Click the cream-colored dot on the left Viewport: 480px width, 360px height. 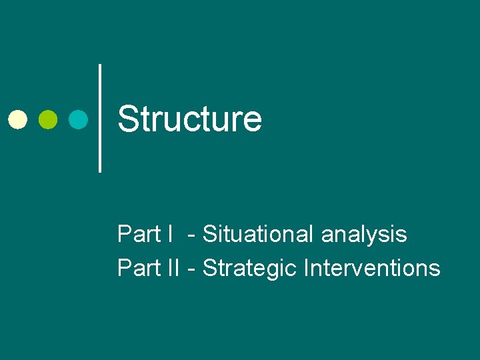point(17,119)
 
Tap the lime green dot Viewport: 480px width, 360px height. point(48,119)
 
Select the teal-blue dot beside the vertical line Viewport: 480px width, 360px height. point(79,119)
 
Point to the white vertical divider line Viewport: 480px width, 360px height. point(100,118)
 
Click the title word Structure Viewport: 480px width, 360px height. point(189,119)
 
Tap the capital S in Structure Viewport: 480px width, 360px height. point(127,119)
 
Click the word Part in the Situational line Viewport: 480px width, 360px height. point(139,235)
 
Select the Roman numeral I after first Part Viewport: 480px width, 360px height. point(171,235)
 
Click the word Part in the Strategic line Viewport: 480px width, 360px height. point(139,268)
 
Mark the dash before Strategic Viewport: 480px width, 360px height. point(192,269)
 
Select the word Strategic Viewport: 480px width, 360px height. point(250,269)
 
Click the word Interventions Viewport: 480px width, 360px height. point(371,268)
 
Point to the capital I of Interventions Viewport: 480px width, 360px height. point(306,268)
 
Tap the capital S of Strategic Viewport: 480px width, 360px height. point(209,268)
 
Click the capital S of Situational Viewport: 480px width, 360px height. point(209,235)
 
